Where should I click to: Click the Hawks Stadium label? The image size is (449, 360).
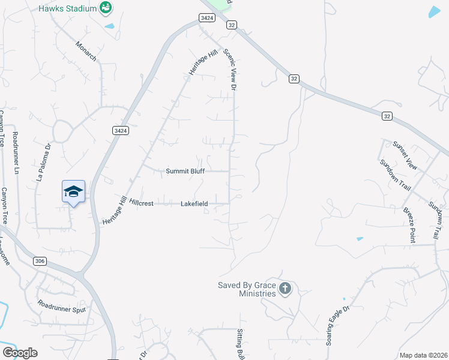pos(67,8)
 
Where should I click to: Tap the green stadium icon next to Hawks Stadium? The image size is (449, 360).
pos(106,8)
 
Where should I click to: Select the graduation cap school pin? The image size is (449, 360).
pos(73,191)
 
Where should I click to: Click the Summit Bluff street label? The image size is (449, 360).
pos(185,171)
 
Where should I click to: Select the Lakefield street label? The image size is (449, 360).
pos(194,204)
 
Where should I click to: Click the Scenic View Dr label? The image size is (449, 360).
pos(231,70)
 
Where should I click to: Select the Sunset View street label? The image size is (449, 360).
pos(404,153)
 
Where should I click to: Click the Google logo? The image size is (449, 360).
pos(20,352)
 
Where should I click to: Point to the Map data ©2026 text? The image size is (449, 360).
pos(423,355)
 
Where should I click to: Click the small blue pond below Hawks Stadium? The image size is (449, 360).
pos(109,26)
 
